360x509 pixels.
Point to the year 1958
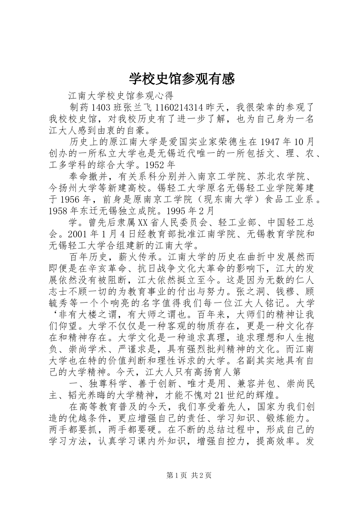click(x=61, y=211)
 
